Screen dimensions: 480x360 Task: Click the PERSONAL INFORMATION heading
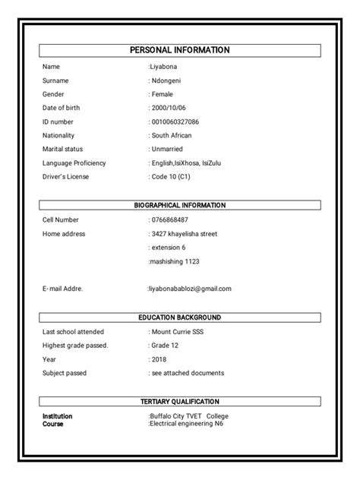click(180, 50)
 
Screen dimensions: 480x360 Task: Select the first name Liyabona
click(165, 68)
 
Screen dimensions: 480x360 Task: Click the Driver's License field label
click(66, 176)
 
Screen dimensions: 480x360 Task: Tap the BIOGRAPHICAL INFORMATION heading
click(180, 205)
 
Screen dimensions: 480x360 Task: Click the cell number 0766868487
click(170, 220)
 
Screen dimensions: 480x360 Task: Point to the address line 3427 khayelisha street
click(185, 234)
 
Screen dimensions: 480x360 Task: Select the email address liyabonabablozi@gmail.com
click(190, 289)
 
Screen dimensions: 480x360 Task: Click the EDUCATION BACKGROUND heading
click(180, 317)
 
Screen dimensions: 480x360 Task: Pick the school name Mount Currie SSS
click(178, 332)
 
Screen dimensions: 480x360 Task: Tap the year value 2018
click(159, 359)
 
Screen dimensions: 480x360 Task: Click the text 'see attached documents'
click(188, 373)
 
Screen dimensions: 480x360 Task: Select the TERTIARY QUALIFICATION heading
click(180, 401)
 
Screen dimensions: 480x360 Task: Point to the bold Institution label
click(58, 416)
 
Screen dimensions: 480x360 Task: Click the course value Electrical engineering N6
click(187, 424)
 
